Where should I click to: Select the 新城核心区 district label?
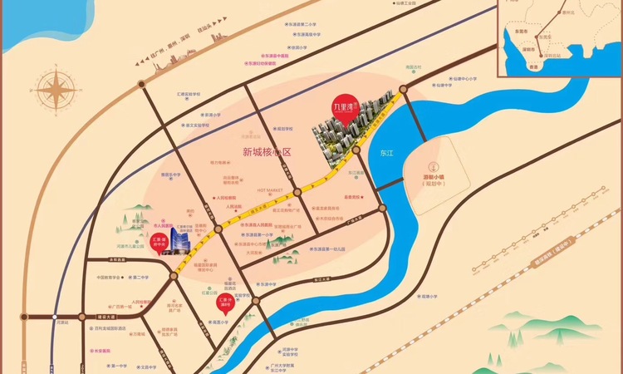[x=267, y=152]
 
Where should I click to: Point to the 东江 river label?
[x=385, y=154]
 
